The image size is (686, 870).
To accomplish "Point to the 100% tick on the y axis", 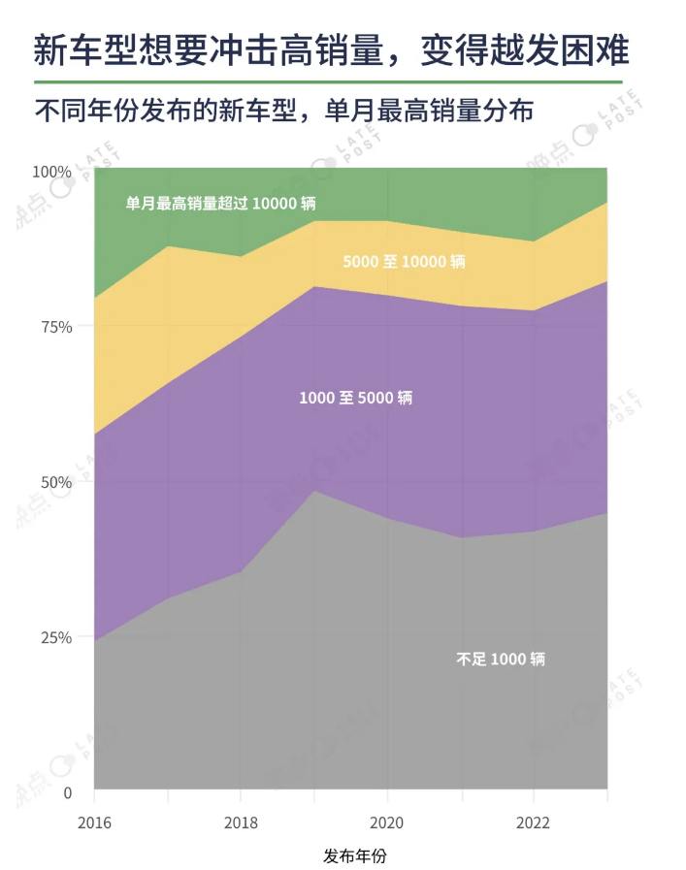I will (x=52, y=172).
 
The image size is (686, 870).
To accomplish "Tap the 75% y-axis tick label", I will (x=55, y=327).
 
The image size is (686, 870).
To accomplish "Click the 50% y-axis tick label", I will (x=55, y=482).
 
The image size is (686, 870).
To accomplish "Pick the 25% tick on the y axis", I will (x=55, y=637).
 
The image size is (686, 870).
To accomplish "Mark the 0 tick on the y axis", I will (x=67, y=792).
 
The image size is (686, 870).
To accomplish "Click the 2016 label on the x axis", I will (x=94, y=822).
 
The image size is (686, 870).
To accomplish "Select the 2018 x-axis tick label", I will (x=241, y=822).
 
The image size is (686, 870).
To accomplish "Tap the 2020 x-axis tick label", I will (x=387, y=822).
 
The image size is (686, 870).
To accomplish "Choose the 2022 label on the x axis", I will (x=534, y=822).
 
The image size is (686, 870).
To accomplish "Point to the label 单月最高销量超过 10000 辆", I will (x=220, y=204).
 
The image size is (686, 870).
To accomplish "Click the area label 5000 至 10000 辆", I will (x=404, y=262).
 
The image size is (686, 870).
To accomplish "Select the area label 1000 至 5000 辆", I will (x=355, y=398).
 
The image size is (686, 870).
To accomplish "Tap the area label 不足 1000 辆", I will (x=501, y=660).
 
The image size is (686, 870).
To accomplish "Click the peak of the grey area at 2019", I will (x=313, y=491).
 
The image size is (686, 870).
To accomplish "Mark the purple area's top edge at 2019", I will (x=313, y=287).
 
